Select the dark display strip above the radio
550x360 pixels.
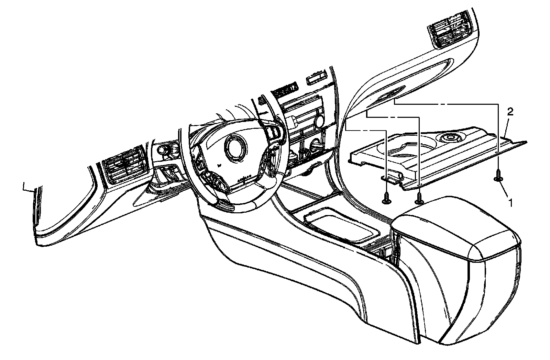point(286,89)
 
